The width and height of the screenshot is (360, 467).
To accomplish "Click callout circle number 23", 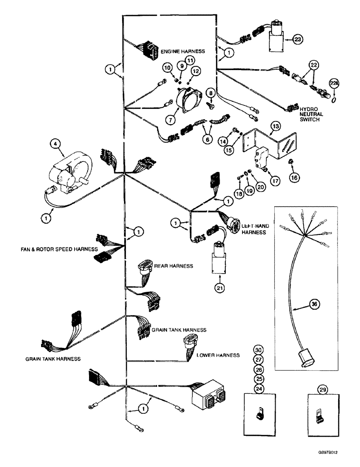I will point(298,39).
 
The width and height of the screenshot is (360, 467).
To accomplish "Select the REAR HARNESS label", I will point(174,266).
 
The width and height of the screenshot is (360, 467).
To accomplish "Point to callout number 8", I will point(211,92).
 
